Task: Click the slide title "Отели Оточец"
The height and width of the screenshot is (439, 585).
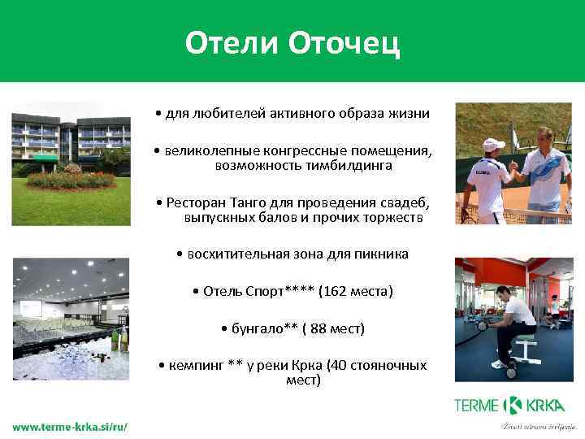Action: (x=292, y=43)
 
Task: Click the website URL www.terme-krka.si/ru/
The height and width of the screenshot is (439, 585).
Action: (x=69, y=427)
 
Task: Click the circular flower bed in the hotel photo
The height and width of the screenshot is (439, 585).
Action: (x=71, y=179)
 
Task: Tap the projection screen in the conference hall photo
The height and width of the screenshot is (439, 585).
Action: (x=31, y=308)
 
